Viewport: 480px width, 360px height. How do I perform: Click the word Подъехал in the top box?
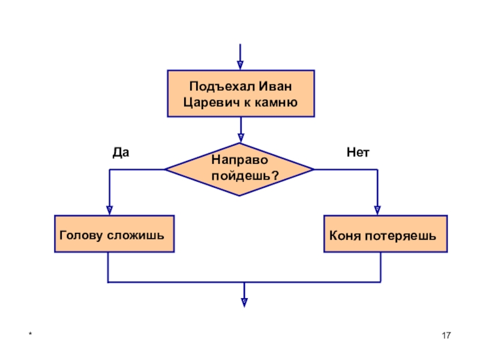222,86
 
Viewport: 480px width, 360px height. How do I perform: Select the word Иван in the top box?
275,86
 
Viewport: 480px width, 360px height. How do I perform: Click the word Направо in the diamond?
239,160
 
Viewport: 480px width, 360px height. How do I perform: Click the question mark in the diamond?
275,175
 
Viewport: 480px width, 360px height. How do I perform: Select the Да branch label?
121,152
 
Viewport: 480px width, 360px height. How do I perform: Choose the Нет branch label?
358,152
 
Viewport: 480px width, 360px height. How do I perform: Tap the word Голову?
81,235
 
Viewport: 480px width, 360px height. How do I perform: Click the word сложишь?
136,235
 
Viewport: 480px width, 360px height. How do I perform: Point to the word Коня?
344,236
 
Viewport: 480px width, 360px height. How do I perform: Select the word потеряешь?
400,236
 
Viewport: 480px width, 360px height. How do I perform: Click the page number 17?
446,335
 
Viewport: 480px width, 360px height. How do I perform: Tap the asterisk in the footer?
30,334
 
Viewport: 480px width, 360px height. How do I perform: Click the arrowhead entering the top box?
241,65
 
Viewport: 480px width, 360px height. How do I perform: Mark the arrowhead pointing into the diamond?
241,138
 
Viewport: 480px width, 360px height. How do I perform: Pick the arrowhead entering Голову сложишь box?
110,211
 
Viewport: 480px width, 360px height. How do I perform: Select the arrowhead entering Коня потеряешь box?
377,211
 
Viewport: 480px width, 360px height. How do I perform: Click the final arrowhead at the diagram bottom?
244,303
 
